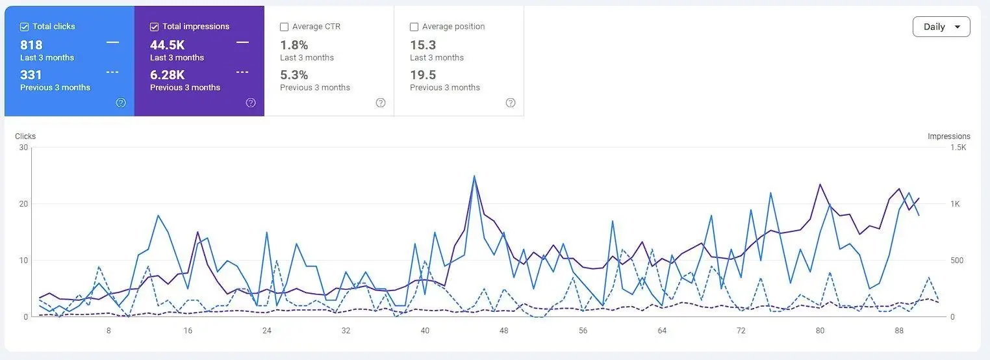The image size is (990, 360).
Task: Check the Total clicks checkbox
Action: (x=24, y=27)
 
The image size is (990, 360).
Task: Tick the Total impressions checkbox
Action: (x=154, y=27)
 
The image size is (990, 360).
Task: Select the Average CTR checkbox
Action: (x=284, y=27)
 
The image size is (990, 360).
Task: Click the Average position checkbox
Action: (x=414, y=27)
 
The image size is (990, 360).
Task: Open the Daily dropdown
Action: (x=941, y=27)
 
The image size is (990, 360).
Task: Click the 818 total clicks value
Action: (x=31, y=45)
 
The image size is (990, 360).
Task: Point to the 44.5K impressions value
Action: (x=168, y=45)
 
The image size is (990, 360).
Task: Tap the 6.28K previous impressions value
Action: (x=168, y=75)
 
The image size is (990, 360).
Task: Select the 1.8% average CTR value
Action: (x=294, y=45)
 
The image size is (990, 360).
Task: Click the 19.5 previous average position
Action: (x=423, y=75)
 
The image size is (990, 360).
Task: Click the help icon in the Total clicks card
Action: (x=121, y=103)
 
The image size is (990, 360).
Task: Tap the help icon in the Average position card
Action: (x=511, y=103)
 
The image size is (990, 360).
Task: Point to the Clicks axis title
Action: (x=25, y=136)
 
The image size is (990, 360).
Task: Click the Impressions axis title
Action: (x=949, y=136)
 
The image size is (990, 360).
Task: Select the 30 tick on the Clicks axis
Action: (x=23, y=148)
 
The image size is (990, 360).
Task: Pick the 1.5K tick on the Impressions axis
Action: (x=958, y=148)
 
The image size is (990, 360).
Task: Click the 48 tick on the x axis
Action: (x=504, y=330)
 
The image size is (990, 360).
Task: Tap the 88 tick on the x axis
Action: (x=899, y=330)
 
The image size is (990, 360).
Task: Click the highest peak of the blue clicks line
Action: (x=474, y=176)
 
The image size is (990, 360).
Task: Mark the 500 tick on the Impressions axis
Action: (x=957, y=261)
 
